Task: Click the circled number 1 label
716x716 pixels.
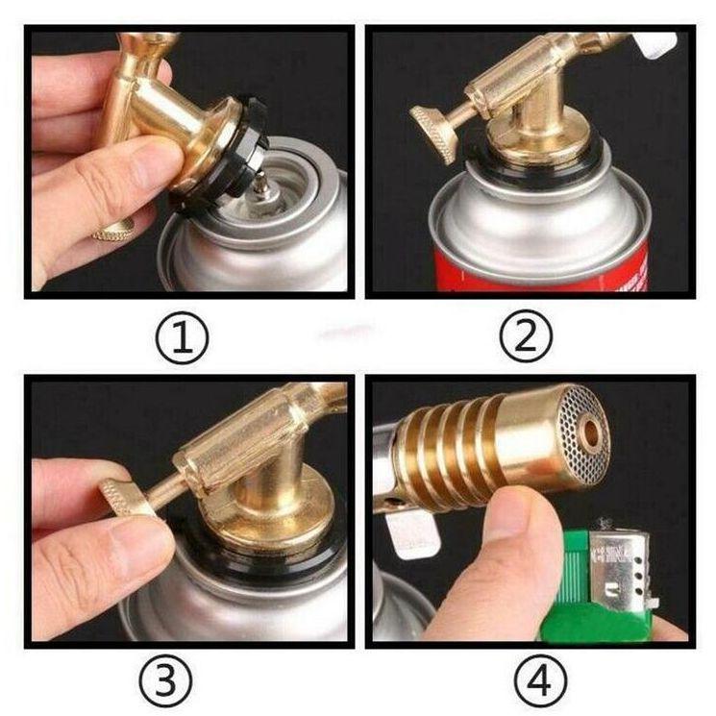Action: coord(183,338)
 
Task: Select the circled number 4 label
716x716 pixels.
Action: coord(542,681)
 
